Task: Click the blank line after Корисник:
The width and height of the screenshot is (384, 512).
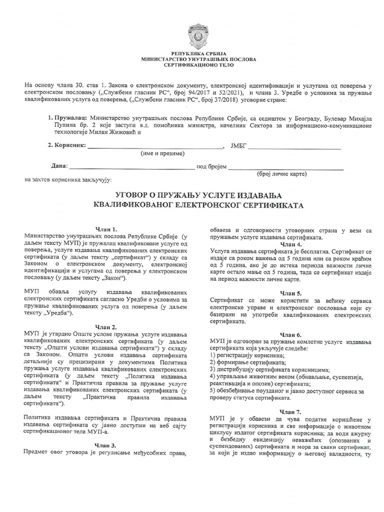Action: tap(155, 147)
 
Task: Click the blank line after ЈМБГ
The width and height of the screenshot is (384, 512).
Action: tap(294, 147)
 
